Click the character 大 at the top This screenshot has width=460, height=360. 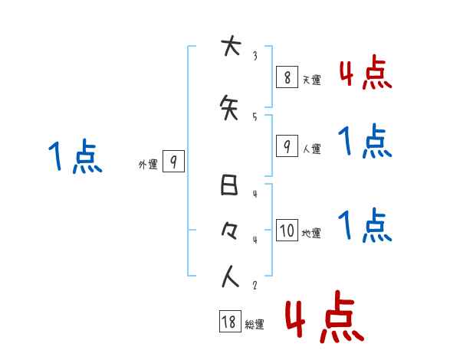click(229, 47)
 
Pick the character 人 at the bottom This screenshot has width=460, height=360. click(229, 277)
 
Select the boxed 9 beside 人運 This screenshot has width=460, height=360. click(287, 146)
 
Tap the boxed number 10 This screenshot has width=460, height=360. click(287, 231)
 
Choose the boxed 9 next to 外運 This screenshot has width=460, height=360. click(174, 162)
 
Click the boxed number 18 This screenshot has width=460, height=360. click(229, 322)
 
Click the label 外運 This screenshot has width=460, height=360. click(147, 164)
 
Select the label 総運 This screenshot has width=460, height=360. click(254, 325)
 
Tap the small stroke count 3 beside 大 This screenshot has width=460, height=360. click(255, 55)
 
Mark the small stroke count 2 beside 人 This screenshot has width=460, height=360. click(255, 286)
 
